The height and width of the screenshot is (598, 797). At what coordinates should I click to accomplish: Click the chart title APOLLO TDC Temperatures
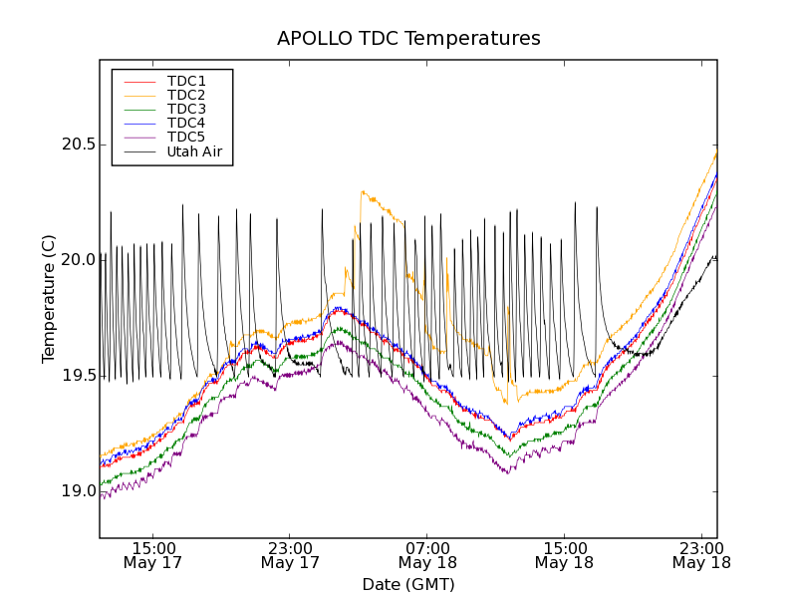pos(408,39)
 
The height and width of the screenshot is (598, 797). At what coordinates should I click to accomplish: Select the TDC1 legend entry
pos(186,81)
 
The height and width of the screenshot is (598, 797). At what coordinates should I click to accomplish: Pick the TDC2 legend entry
pos(186,95)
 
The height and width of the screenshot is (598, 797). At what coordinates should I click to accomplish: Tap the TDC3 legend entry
pos(186,109)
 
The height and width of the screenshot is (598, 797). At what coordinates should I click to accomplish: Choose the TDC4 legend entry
pos(186,123)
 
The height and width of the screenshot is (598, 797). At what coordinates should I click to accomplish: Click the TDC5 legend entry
pos(186,137)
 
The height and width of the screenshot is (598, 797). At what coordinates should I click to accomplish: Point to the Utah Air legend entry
pos(194,151)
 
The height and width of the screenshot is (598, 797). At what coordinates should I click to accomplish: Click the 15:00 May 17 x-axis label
pos(153,555)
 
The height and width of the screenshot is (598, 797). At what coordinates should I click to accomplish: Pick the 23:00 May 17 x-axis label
pos(290,555)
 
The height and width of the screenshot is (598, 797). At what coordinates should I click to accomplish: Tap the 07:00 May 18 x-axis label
pos(427,555)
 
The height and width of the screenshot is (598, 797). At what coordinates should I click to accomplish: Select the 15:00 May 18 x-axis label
pos(564,555)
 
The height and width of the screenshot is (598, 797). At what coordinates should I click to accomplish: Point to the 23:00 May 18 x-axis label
pos(701,555)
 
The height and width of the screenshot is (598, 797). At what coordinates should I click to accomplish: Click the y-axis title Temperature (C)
pos(49,299)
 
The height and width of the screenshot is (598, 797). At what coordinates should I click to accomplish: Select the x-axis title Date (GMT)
pos(408,584)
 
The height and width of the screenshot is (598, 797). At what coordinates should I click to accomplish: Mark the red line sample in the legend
pos(137,81)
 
